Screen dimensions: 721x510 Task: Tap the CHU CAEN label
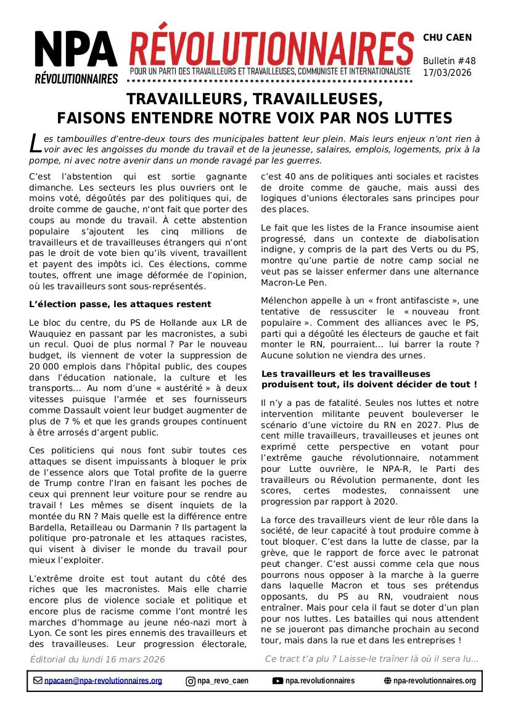(447, 38)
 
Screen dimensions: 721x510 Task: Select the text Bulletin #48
(449, 61)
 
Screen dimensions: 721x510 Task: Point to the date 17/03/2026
(447, 73)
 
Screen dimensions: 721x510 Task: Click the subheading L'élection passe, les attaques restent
(120, 304)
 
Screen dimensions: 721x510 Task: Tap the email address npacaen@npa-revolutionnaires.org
(103, 681)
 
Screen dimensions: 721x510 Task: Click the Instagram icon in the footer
(191, 681)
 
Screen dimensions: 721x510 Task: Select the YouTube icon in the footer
(278, 681)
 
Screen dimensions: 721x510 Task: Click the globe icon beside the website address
(387, 681)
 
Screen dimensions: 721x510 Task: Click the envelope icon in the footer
(38, 681)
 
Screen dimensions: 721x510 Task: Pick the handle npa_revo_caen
(223, 681)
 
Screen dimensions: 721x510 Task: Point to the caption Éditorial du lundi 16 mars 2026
(97, 659)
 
